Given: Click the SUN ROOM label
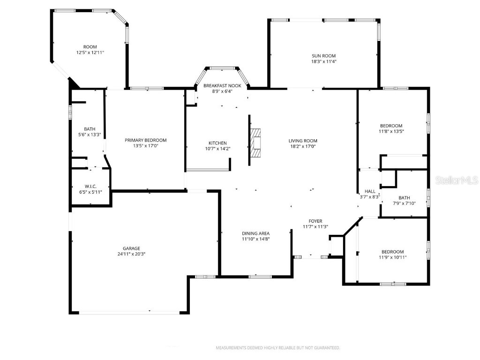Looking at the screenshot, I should tap(324, 56).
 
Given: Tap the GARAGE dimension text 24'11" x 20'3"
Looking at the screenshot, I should tap(132, 254).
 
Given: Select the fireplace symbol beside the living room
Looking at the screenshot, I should tap(256, 142).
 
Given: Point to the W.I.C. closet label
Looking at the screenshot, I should tap(90, 186).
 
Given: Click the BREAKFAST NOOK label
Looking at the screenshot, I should tap(222, 86).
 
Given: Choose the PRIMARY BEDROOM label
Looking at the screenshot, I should tap(145, 140).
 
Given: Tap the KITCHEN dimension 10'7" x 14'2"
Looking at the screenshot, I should tap(217, 149).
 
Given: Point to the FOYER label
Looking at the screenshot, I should tap(315, 221).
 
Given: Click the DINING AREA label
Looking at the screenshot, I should tap(255, 233).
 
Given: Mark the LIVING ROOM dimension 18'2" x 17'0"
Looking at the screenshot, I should tap(303, 146).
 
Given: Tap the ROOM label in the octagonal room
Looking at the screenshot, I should tap(90, 47).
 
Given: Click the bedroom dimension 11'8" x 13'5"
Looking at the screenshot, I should tap(391, 131).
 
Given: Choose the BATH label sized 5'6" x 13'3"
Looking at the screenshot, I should tap(90, 129).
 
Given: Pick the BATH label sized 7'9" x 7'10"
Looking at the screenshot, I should tap(404, 198).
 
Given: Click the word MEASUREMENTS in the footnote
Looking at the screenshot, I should tap(230, 348).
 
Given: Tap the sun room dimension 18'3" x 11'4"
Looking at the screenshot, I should tap(324, 61).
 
